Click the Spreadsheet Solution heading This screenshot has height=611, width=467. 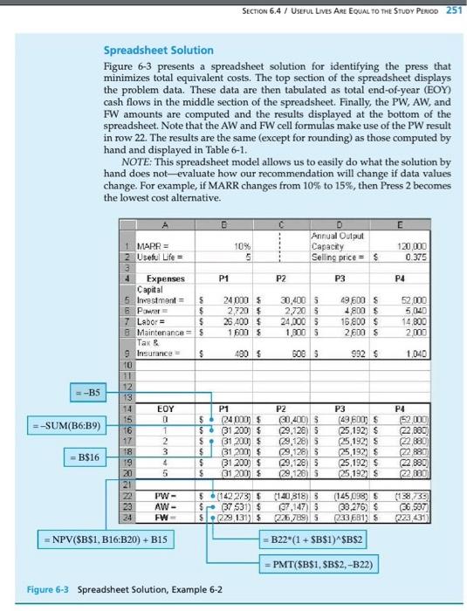click(x=155, y=51)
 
